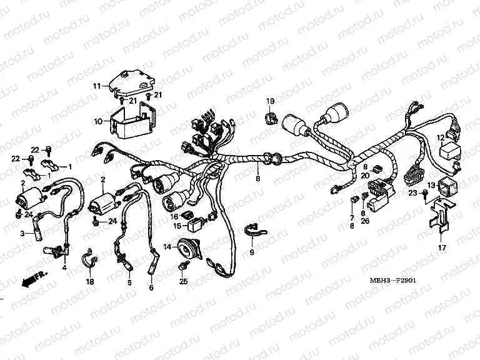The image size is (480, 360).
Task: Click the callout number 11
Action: pyautogui.click(x=97, y=86)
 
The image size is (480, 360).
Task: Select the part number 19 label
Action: pyautogui.click(x=271, y=101)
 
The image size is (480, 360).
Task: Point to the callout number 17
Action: pyautogui.click(x=441, y=247)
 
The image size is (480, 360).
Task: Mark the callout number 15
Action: pyautogui.click(x=176, y=226)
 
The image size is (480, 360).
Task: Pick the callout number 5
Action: pyautogui.click(x=129, y=282)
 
